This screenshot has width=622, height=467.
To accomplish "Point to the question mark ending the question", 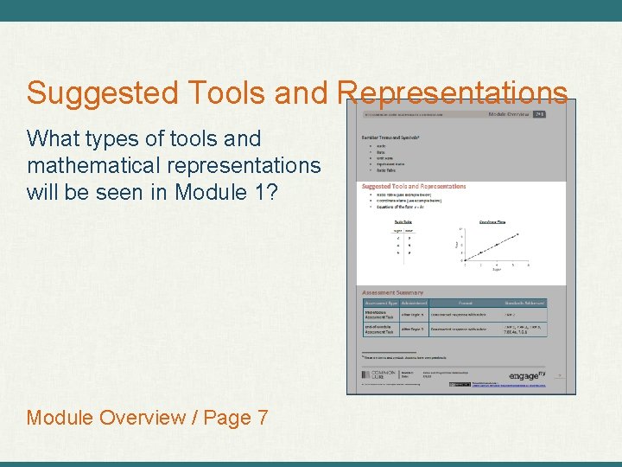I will tap(272, 192).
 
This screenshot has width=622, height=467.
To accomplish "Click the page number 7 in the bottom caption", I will tap(262, 418).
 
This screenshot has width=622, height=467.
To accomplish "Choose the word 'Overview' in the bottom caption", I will tap(143, 418).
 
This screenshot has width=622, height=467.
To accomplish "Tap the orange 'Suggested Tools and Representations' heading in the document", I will tap(414, 186).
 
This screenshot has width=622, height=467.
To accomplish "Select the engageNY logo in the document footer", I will tap(527, 374).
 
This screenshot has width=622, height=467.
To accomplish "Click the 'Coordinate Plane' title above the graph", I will tap(492, 222).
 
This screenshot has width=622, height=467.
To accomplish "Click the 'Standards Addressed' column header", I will tap(524, 303).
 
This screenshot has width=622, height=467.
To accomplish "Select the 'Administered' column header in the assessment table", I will tap(414, 303).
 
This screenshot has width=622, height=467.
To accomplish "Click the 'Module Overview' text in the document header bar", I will tap(509, 113).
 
